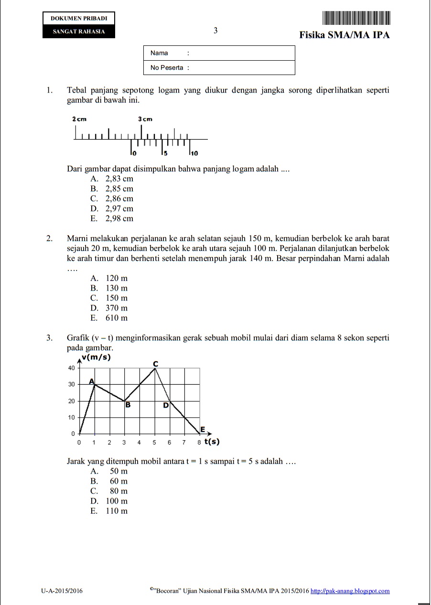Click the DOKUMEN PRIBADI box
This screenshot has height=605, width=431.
pyautogui.click(x=79, y=19)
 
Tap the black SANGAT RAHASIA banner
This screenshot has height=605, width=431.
pyautogui.click(x=79, y=32)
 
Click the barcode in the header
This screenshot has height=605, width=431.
pyautogui.click(x=356, y=18)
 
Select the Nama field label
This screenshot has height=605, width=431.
pyautogui.click(x=159, y=53)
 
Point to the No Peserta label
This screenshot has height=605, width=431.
pyautogui.click(x=167, y=67)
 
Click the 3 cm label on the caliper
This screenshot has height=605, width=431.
pyautogui.click(x=145, y=119)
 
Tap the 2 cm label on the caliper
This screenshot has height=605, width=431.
pyautogui.click(x=79, y=119)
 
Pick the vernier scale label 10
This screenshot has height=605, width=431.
pyautogui.click(x=194, y=153)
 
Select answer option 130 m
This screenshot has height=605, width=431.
pyautogui.click(x=117, y=288)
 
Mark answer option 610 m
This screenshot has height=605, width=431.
pyautogui.click(x=117, y=318)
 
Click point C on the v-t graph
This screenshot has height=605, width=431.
pyautogui.click(x=155, y=365)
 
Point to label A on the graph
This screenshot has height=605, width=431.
pyautogui.click(x=92, y=381)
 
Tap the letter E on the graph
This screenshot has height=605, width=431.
pyautogui.click(x=203, y=430)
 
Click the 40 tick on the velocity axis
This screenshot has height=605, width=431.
pyautogui.click(x=71, y=368)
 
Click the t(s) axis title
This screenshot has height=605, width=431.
pyautogui.click(x=212, y=442)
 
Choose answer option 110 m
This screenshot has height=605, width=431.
pyautogui.click(x=117, y=511)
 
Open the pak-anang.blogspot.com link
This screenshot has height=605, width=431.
pyautogui.click(x=350, y=591)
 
